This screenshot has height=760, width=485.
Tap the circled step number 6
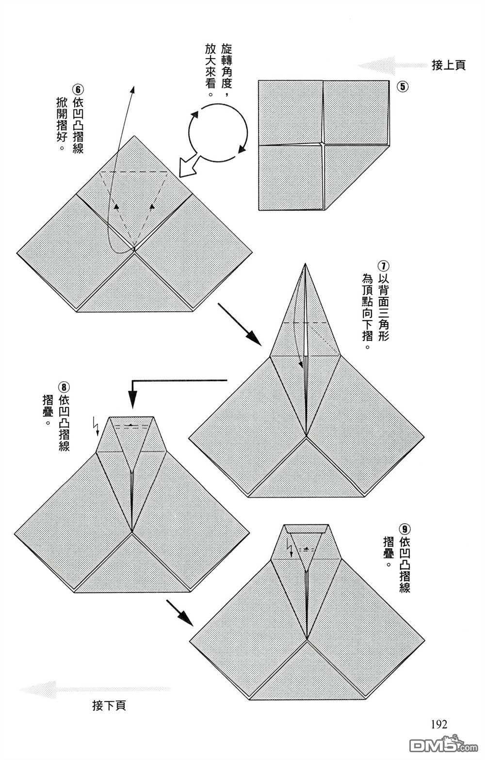click(x=78, y=90)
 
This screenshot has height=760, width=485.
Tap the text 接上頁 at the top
click(x=449, y=65)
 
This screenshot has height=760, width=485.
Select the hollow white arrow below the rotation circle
click(x=188, y=166)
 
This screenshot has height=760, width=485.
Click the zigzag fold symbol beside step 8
click(x=96, y=426)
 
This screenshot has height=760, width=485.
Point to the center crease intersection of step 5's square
click(x=323, y=144)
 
